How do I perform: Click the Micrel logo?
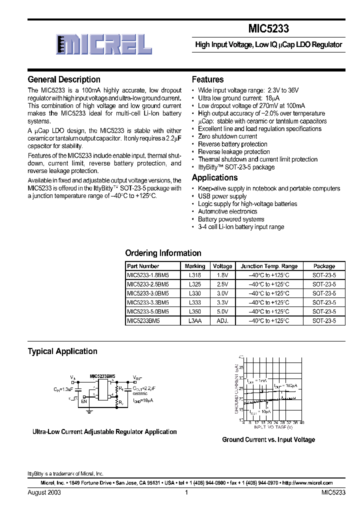point(104,44)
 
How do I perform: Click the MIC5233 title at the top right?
point(268,29)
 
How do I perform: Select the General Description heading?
point(64,79)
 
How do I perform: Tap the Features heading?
point(207,79)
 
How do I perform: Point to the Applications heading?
point(214,177)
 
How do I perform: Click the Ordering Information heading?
point(163,253)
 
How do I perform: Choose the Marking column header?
point(195,266)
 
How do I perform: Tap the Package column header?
point(324,266)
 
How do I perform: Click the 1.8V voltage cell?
point(222,275)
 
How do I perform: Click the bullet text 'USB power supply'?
point(222,196)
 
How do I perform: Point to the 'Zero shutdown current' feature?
point(227,136)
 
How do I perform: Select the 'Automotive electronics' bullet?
point(227,211)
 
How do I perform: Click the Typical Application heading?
point(62,351)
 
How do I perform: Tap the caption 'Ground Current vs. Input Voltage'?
point(268,439)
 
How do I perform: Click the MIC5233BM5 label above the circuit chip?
point(102,375)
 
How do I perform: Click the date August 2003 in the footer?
point(44,492)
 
